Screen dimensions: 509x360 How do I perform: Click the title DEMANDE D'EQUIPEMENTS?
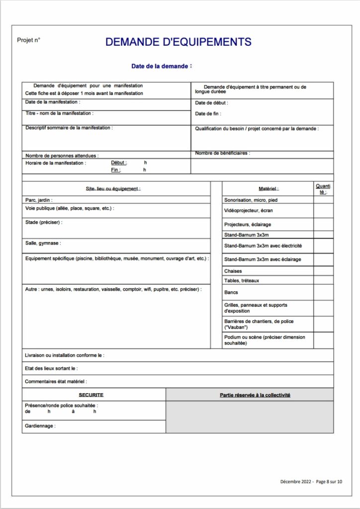[x=178, y=42]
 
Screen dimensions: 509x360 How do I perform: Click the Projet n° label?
[x=28, y=40]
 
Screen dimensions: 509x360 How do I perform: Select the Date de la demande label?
[x=160, y=66]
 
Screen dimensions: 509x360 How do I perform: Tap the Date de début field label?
[x=211, y=103]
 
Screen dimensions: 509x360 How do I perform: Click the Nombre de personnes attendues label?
[x=62, y=156]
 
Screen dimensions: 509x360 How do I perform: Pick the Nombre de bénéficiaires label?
[x=222, y=153]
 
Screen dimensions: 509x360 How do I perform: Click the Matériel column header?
[x=269, y=189]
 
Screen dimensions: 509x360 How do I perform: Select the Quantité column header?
[x=323, y=189]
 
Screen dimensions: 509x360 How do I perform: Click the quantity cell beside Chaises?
[x=323, y=271]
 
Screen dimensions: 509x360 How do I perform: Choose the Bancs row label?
[x=231, y=292]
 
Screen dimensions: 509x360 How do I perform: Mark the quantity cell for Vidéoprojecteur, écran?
[x=323, y=211]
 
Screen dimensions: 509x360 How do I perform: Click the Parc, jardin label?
[x=39, y=200]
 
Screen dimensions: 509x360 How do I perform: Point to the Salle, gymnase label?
[x=43, y=243]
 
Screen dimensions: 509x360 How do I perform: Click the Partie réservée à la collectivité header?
[x=255, y=395]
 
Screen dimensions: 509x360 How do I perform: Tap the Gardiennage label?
[x=40, y=426]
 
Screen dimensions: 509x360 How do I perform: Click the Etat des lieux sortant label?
[x=51, y=368]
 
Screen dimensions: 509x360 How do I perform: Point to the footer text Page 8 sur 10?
[x=329, y=481]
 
